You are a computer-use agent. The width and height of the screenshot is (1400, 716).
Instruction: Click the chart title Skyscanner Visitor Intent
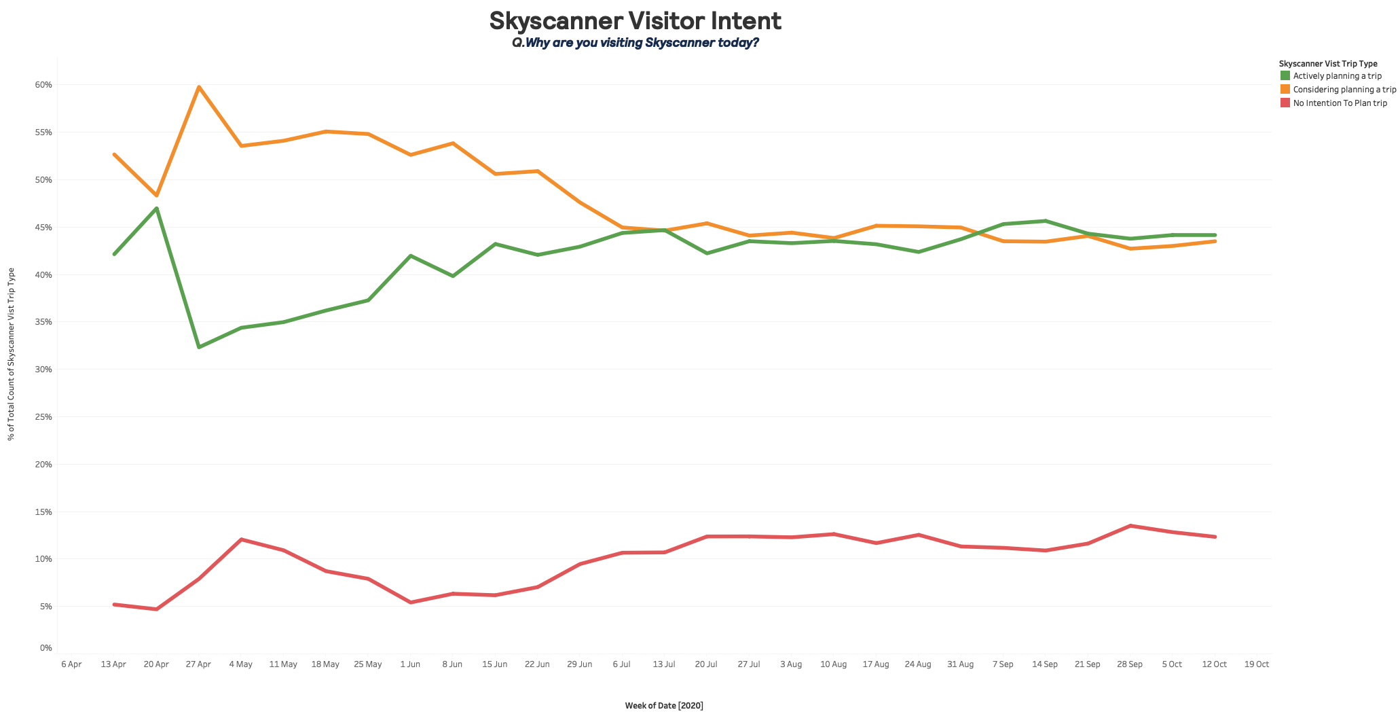click(x=635, y=21)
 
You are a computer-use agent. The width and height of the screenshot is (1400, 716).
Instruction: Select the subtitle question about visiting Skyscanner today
click(x=635, y=43)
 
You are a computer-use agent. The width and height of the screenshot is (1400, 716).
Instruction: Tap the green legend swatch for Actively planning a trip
click(x=1285, y=76)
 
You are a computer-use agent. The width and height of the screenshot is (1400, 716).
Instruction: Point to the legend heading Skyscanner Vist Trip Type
click(x=1328, y=63)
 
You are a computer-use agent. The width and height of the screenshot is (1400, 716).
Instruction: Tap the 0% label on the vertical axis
click(x=46, y=648)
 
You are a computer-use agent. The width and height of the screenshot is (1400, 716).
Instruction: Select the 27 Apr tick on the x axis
click(x=198, y=664)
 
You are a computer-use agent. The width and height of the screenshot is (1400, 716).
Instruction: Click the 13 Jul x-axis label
click(x=664, y=664)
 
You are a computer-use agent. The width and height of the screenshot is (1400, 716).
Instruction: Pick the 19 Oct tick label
click(x=1257, y=664)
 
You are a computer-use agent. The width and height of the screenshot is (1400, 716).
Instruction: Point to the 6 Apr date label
click(x=71, y=664)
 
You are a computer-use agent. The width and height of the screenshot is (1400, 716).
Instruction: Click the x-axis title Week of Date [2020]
click(x=664, y=706)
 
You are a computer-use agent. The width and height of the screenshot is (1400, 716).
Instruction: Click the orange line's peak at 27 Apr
click(x=198, y=87)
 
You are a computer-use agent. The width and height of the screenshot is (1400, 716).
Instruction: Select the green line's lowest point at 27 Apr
click(x=198, y=347)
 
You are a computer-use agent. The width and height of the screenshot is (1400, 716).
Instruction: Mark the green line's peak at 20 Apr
click(x=156, y=209)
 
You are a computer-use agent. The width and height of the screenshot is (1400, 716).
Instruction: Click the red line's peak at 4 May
click(x=241, y=539)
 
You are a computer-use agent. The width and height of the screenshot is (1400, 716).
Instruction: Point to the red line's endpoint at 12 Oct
click(x=1215, y=537)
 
